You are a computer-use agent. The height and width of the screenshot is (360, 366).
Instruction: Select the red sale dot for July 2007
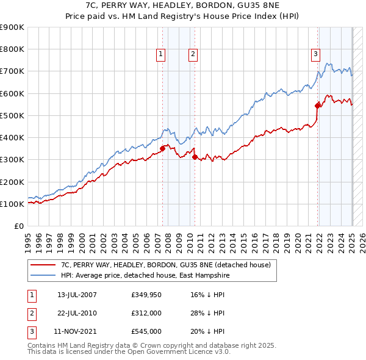(162, 148)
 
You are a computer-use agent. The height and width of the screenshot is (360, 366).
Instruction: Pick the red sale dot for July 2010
(195, 157)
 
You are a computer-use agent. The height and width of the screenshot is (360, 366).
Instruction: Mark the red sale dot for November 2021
(318, 105)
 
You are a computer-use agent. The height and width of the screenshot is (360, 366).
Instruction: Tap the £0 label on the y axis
(18, 226)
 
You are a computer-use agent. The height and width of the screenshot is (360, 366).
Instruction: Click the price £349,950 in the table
(147, 295)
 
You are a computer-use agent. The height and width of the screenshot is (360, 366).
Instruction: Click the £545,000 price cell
(147, 333)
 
